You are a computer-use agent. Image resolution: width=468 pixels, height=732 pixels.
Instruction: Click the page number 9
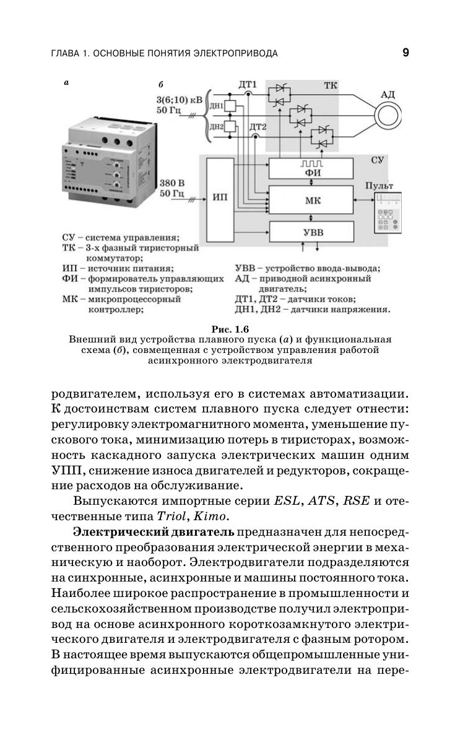(x=405, y=53)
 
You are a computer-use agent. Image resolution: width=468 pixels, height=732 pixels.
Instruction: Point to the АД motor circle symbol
(x=388, y=115)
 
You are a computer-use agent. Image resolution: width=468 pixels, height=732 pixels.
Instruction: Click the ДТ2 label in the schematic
(x=258, y=127)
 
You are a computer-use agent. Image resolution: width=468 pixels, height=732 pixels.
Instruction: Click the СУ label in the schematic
(x=378, y=160)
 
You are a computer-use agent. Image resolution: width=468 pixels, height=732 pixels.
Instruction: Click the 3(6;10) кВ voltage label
(x=179, y=99)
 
